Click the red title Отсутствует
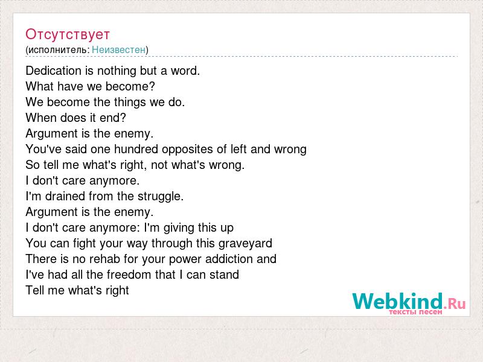(x=68, y=34)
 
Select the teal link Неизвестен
(x=118, y=49)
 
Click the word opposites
(x=188, y=150)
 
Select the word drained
(x=65, y=197)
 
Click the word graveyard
(x=245, y=244)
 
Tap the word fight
(x=85, y=244)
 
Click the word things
(x=127, y=103)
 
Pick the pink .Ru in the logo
(x=455, y=304)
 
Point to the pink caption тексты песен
(x=415, y=312)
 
